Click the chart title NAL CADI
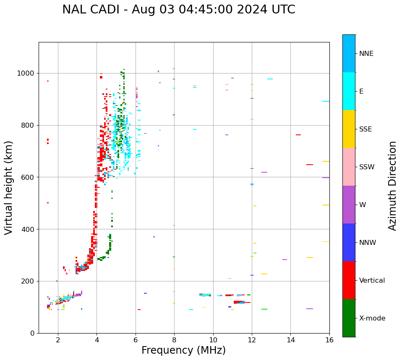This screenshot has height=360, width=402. (x=178, y=10)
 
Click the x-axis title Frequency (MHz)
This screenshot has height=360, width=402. (x=183, y=350)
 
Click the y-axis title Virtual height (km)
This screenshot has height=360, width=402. (x=9, y=187)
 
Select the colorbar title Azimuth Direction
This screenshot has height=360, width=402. (x=392, y=185)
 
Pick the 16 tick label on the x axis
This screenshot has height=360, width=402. (x=329, y=339)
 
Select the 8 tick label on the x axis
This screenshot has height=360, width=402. (x=174, y=339)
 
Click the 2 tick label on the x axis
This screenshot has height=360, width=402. (x=58, y=339)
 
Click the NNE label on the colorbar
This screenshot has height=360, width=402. (x=366, y=54)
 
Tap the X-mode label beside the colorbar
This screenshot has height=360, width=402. (x=372, y=318)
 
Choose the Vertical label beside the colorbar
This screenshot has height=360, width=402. (x=372, y=281)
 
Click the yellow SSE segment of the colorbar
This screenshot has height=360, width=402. (x=349, y=129)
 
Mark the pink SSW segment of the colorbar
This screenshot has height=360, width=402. (x=349, y=167)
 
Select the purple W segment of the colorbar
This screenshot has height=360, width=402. (x=349, y=205)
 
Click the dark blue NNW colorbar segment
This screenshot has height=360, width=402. (x=349, y=242)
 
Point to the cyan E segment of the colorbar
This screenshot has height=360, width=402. (x=349, y=91)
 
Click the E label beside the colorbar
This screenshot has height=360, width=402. (x=361, y=92)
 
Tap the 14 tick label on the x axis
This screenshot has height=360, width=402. (x=290, y=339)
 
